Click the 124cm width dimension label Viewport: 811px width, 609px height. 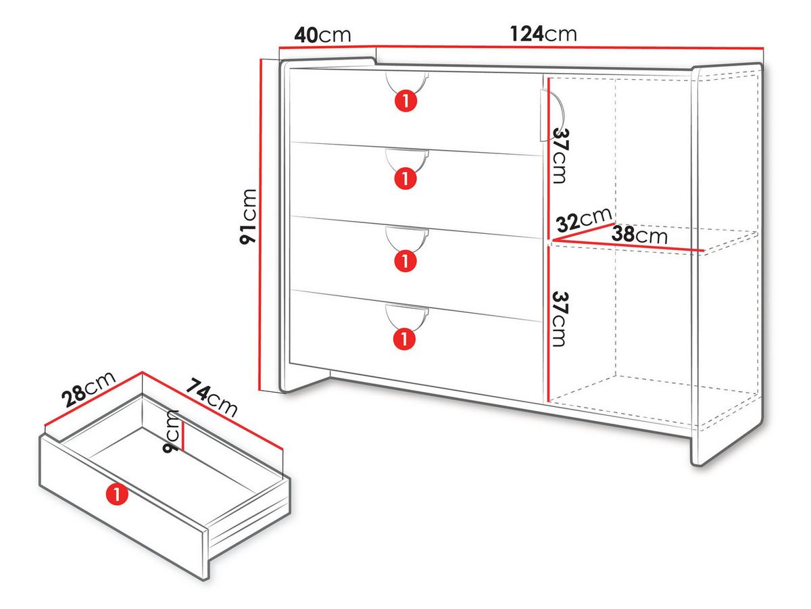click(543, 34)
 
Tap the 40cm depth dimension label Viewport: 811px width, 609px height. click(322, 35)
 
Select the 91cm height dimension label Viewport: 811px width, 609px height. click(248, 216)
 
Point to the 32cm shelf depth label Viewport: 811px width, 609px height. click(584, 220)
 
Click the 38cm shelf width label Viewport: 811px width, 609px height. click(639, 235)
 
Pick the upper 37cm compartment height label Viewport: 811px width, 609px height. click(561, 155)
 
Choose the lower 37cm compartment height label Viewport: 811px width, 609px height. click(560, 319)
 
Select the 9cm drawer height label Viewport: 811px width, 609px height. click(171, 432)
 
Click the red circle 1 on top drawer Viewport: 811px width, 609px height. click(405, 101)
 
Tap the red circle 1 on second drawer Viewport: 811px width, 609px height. click(405, 178)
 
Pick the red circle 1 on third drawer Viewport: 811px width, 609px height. click(405, 261)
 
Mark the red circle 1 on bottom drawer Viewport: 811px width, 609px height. click(404, 339)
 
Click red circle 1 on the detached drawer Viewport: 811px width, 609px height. click(117, 494)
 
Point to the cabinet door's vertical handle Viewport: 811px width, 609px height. click(551, 115)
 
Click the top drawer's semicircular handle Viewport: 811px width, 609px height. click(407, 84)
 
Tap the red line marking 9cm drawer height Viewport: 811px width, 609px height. click(182, 435)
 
